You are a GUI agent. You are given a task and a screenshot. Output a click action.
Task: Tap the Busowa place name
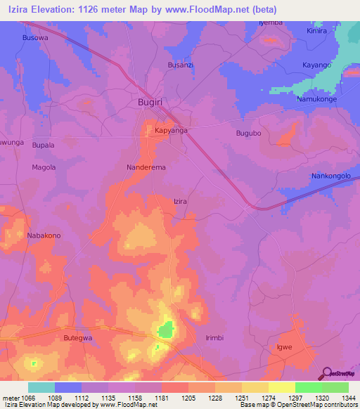click(x=36, y=37)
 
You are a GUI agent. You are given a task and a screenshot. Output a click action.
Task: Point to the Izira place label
click(x=181, y=201)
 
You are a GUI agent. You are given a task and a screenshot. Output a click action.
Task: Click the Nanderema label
click(x=146, y=168)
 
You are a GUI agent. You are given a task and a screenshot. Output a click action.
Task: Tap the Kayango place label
click(x=316, y=65)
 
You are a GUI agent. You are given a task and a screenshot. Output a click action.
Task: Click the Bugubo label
click(x=248, y=133)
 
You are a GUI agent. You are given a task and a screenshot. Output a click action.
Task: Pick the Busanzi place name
click(x=180, y=65)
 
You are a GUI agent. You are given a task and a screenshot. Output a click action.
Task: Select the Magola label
click(x=44, y=167)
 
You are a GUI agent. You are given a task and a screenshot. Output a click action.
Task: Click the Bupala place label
click(x=43, y=145)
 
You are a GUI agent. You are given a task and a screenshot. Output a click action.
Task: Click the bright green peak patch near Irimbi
click(x=166, y=328)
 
